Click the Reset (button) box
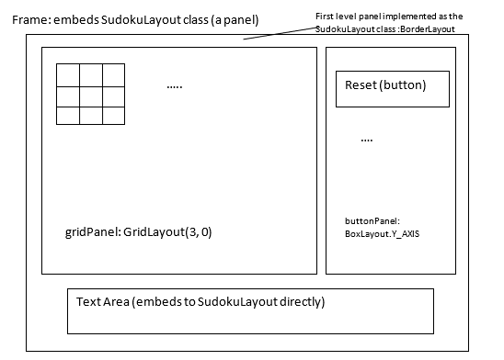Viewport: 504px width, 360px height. coord(393,88)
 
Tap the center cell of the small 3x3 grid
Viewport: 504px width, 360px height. coord(90,95)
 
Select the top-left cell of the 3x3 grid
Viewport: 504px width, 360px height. coord(67,74)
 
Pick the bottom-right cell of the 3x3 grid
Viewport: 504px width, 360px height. coord(113,115)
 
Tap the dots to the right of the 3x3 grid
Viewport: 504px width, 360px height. coord(175,86)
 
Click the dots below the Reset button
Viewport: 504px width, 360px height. coord(367,140)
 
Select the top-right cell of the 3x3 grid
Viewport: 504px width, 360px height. coord(113,74)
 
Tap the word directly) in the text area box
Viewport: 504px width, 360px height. coord(296,301)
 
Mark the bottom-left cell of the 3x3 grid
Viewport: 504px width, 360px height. coord(67,115)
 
